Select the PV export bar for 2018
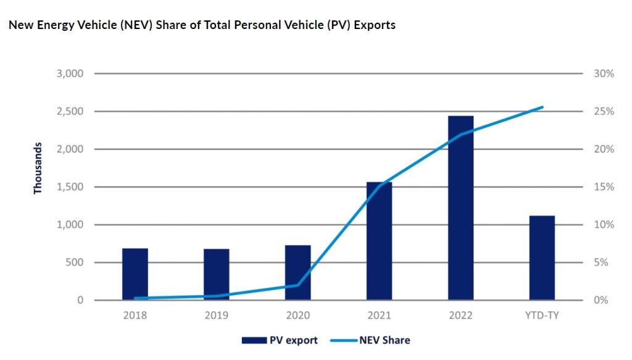135,274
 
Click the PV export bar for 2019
216,275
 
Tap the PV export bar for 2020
297,273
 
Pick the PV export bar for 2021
379,241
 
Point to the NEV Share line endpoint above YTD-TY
543,107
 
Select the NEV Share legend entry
370,340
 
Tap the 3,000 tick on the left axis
70,73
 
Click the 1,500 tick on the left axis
70,187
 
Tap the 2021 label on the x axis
379,316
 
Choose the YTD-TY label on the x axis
542,316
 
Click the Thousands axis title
38,168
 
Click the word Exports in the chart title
373,26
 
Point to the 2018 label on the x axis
135,316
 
